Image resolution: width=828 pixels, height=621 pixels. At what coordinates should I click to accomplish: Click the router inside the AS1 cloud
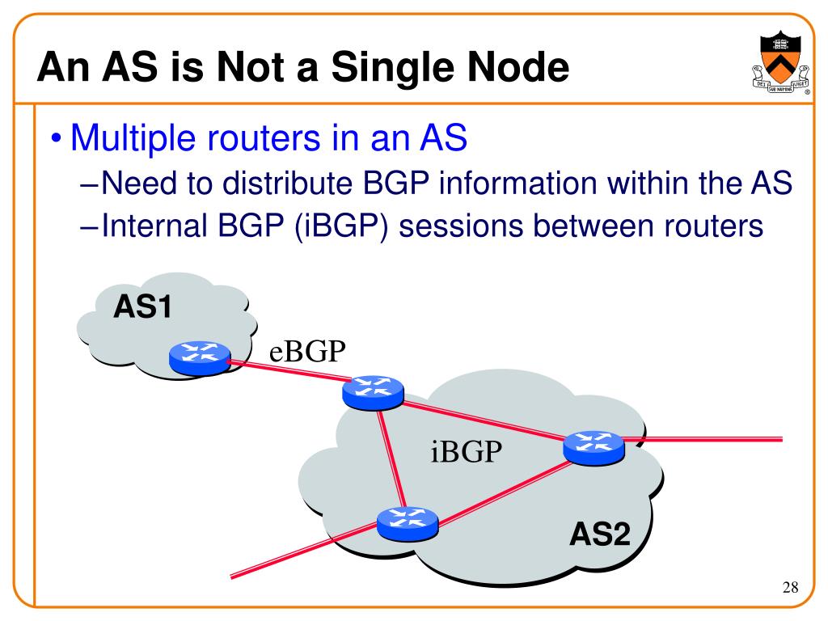click(200, 357)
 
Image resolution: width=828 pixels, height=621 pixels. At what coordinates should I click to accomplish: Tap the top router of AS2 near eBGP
click(372, 392)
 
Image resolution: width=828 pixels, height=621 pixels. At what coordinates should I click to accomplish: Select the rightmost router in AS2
click(594, 446)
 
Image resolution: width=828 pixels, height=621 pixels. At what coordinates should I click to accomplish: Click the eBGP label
click(307, 353)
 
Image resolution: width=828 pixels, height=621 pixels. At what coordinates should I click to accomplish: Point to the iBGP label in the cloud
click(466, 451)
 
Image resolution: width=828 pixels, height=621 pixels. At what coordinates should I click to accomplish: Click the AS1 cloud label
click(142, 307)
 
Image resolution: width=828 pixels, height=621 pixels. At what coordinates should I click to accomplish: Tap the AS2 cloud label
click(599, 534)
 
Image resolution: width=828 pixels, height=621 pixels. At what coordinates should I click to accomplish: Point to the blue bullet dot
click(56, 140)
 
